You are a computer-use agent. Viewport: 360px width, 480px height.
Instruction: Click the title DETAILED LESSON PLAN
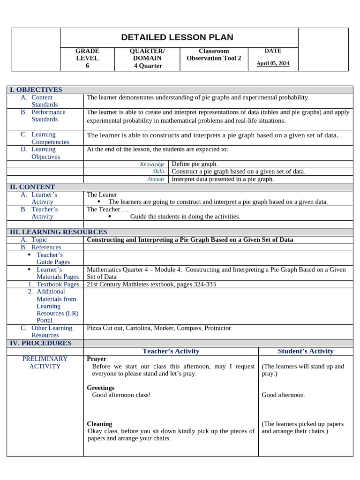pyautogui.click(x=177, y=37)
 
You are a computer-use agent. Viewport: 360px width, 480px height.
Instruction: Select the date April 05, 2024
pyautogui.click(x=273, y=63)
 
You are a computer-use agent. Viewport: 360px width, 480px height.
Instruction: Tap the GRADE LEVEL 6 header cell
pyautogui.click(x=87, y=58)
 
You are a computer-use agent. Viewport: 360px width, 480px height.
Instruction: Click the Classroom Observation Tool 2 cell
pyautogui.click(x=214, y=54)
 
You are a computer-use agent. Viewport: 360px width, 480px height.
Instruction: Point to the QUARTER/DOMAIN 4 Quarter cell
pyautogui.click(x=147, y=58)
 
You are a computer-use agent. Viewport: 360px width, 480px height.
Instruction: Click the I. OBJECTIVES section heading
pyautogui.click(x=36, y=90)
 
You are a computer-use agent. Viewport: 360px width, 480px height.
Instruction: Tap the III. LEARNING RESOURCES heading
pyautogui.click(x=59, y=232)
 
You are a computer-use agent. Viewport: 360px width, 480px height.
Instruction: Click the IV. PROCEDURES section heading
pyautogui.click(x=41, y=343)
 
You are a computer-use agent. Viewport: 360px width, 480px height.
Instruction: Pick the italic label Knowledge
pyautogui.click(x=152, y=164)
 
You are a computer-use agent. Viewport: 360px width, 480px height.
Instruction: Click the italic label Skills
pyautogui.click(x=158, y=172)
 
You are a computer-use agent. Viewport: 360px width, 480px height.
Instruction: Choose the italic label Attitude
pyautogui.click(x=156, y=179)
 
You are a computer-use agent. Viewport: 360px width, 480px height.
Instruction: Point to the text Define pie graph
pyautogui.click(x=195, y=164)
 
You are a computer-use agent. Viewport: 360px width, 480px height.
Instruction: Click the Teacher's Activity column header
pyautogui.click(x=171, y=351)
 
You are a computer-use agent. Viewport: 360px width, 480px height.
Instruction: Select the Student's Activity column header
pyautogui.click(x=306, y=351)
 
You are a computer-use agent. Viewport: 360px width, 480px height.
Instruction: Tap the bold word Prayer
pyautogui.click(x=97, y=359)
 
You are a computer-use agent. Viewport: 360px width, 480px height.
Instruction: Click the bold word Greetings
pyautogui.click(x=100, y=388)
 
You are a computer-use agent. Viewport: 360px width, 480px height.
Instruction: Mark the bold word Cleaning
pyautogui.click(x=99, y=423)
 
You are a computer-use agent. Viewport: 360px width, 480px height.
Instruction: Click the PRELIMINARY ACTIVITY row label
pyautogui.click(x=45, y=362)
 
